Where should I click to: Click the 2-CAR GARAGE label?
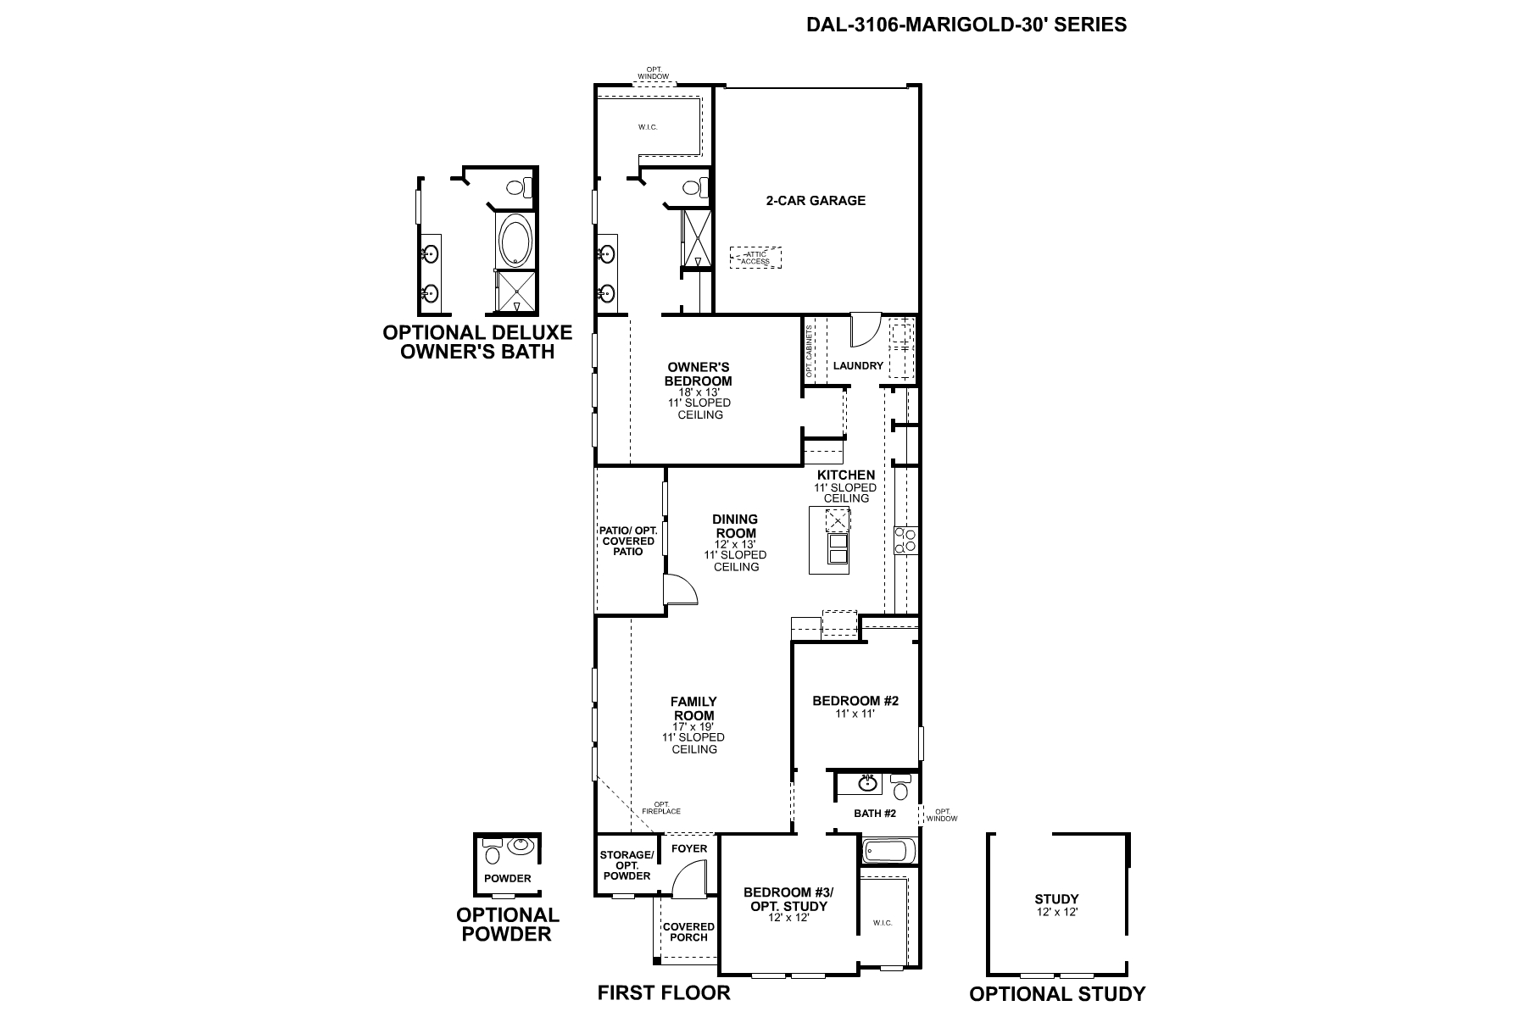[x=816, y=201]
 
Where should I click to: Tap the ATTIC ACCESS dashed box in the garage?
[x=755, y=258]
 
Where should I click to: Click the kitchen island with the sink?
[x=829, y=540]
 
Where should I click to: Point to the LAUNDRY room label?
[x=858, y=366]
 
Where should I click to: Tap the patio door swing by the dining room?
[x=680, y=590]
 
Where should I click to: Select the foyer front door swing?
[x=690, y=881]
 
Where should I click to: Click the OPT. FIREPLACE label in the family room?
[x=667, y=808]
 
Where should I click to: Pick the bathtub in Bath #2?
[x=888, y=851]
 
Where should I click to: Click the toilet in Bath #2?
[x=900, y=787]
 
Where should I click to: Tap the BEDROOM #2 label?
[x=855, y=701]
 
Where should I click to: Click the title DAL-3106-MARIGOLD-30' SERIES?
[x=966, y=25]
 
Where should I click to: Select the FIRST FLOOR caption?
[x=663, y=992]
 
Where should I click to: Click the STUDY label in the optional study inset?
[x=1056, y=899]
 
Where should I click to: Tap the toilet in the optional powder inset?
[x=493, y=847]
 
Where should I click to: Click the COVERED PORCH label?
[x=688, y=931]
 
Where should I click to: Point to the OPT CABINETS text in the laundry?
[x=810, y=351]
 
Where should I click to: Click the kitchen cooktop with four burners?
[x=905, y=540]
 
